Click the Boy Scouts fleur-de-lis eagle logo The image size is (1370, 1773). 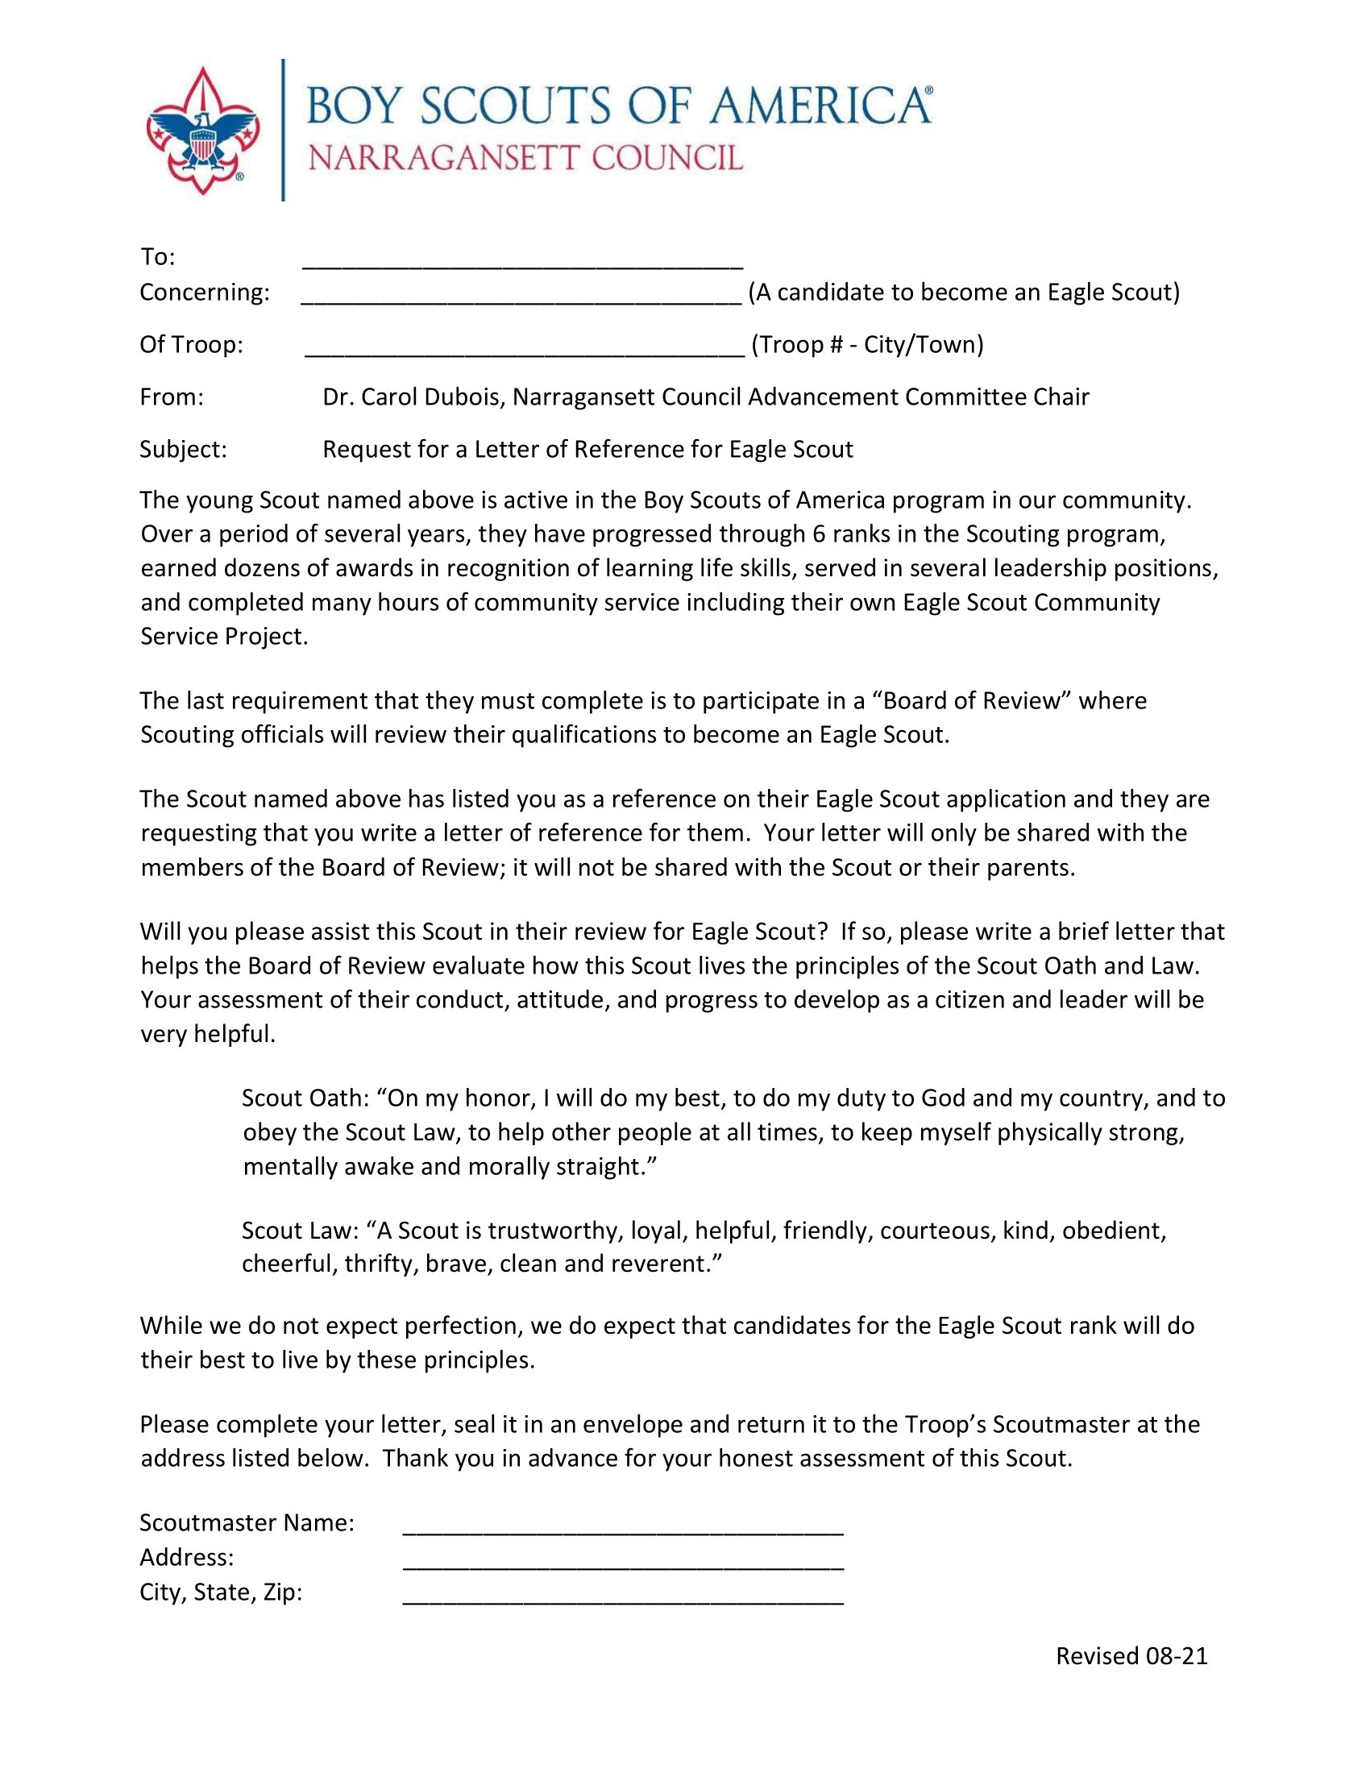(x=202, y=130)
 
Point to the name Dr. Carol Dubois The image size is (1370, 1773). (x=413, y=397)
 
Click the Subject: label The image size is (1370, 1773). (x=184, y=450)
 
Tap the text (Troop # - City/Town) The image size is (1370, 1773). (x=868, y=345)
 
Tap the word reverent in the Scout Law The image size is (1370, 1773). (x=656, y=1264)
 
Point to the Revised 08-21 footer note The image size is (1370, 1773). (x=1131, y=1656)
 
